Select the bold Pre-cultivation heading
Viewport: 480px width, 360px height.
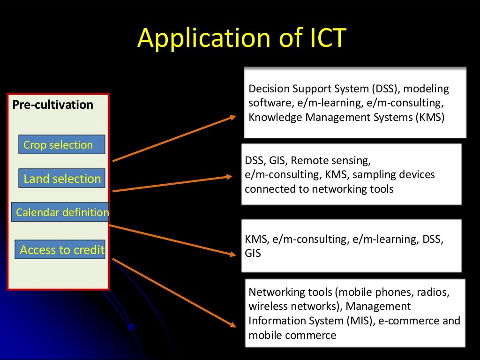[53, 105]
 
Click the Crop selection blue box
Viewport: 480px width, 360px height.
[61, 145]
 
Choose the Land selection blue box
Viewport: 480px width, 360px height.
[62, 179]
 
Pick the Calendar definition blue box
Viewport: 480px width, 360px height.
[61, 212]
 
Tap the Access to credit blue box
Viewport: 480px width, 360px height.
[61, 250]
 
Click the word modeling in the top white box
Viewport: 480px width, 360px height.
[426, 89]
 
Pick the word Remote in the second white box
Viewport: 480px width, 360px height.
[307, 161]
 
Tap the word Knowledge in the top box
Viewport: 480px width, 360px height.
[275, 117]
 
